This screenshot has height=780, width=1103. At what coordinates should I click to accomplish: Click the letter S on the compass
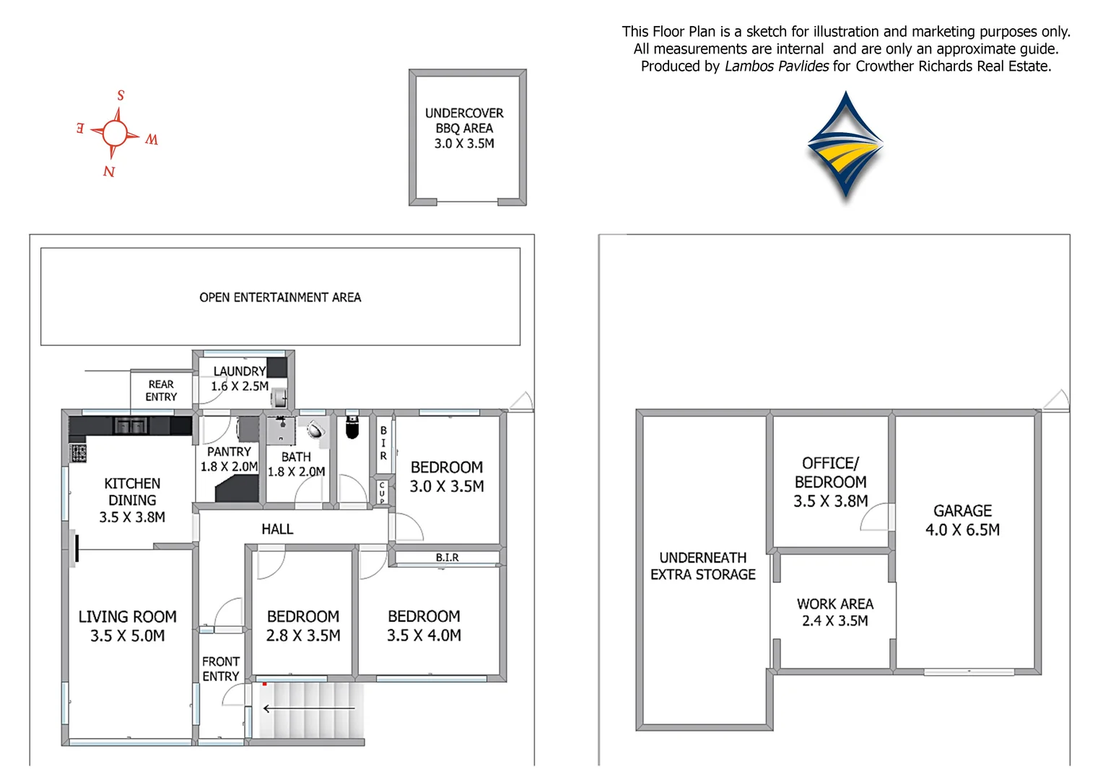click(x=121, y=95)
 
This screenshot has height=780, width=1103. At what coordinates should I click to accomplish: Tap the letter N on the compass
click(x=109, y=171)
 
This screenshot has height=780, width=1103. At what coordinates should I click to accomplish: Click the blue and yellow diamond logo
click(x=845, y=144)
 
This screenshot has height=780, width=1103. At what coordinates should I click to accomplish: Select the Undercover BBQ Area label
click(x=464, y=128)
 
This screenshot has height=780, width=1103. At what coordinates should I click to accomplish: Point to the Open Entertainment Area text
click(x=280, y=297)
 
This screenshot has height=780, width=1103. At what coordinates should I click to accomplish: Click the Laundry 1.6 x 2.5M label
click(x=240, y=378)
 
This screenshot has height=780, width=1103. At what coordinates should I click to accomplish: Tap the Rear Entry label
click(x=161, y=391)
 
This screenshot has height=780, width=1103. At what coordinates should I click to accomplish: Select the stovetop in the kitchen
click(x=78, y=454)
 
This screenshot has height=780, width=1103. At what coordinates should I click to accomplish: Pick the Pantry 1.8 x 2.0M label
click(x=229, y=459)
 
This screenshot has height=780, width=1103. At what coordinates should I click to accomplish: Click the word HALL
click(x=277, y=529)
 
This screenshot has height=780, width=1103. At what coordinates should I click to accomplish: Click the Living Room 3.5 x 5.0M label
click(x=128, y=626)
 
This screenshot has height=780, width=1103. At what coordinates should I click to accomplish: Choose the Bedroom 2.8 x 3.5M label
click(x=303, y=625)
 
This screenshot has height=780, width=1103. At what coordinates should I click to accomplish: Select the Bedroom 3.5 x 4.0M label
click(x=424, y=625)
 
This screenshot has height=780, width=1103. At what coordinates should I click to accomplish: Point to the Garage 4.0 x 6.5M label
click(x=963, y=520)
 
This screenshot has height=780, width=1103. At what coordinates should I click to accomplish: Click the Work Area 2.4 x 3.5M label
click(x=835, y=612)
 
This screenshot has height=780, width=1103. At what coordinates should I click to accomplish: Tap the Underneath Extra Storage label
click(x=703, y=566)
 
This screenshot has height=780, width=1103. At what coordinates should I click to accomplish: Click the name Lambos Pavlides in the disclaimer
click(x=777, y=66)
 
